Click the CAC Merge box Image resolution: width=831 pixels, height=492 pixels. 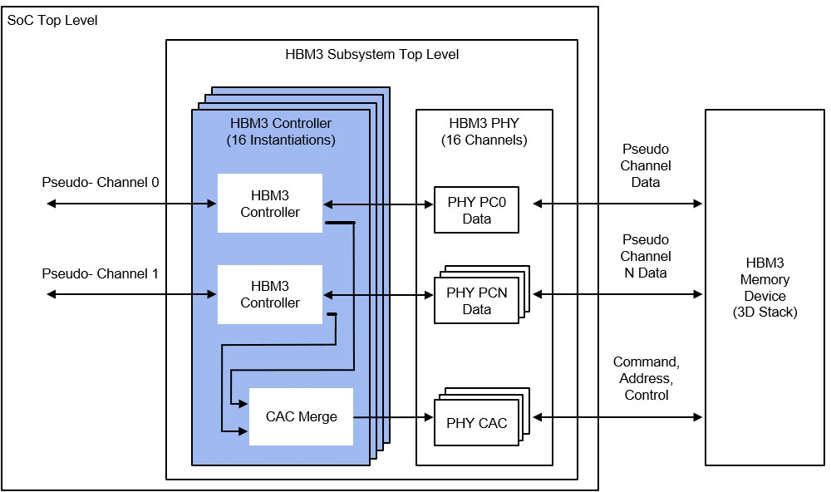tap(301, 416)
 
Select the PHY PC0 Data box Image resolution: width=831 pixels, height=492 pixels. tap(476, 210)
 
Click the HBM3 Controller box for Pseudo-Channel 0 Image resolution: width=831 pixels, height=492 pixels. tap(270, 203)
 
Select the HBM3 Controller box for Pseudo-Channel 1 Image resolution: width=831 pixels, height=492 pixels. tap(270, 294)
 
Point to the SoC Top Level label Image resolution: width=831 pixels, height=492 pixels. tap(52, 21)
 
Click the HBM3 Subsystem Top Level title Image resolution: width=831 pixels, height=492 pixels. tap(372, 54)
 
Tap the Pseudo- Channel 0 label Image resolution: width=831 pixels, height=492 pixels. tap(101, 182)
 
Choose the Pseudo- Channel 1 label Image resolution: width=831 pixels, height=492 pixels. tap(101, 273)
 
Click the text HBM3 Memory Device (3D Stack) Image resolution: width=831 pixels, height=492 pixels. tap(765, 288)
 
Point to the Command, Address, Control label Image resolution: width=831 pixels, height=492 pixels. tap(646, 378)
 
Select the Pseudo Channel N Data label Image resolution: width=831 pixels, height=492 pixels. tap(646, 256)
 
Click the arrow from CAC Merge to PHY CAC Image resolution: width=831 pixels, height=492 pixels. tap(393, 417)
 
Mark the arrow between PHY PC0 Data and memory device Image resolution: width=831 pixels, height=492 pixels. tap(617, 203)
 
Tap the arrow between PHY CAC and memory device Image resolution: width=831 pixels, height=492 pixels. tap(617, 417)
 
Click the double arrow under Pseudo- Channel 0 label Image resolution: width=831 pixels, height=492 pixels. tap(131, 203)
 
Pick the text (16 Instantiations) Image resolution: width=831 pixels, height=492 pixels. tap(281, 140)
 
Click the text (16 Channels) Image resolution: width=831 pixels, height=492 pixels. tap(484, 140)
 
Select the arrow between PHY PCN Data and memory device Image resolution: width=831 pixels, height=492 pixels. tap(617, 293)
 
